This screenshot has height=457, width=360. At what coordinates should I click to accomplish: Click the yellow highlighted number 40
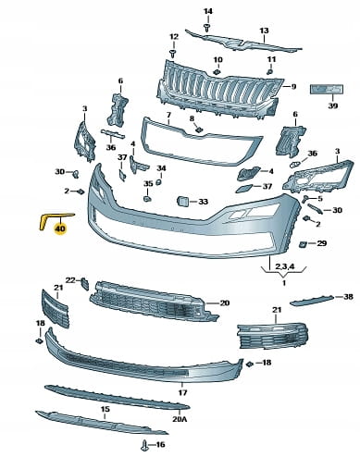tap(60, 228)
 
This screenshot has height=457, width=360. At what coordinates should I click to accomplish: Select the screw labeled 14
tap(207, 27)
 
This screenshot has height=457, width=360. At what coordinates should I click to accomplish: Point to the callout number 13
tap(264, 31)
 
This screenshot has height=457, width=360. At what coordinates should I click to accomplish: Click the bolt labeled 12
tap(173, 53)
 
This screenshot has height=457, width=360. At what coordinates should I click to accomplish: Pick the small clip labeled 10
tap(217, 72)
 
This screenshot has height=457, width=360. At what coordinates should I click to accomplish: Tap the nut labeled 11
tap(269, 72)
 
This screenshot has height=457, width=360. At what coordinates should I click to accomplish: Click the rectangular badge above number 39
tap(327, 89)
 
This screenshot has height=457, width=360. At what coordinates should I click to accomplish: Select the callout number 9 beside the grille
tap(293, 87)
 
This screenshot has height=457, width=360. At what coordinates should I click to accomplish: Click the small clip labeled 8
tap(199, 130)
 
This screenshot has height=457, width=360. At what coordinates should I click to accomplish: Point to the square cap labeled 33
tap(181, 202)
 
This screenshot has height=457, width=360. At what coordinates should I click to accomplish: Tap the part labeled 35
tap(147, 197)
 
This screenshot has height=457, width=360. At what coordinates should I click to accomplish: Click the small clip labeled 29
tap(302, 244)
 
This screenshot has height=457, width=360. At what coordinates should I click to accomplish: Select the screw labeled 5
tap(306, 199)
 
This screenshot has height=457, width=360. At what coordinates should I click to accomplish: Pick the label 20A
tap(180, 419)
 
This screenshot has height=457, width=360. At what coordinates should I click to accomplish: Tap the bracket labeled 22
tap(85, 283)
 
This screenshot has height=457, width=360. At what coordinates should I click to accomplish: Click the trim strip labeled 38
tap(312, 300)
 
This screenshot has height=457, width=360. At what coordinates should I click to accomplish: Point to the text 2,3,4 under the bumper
tap(284, 266)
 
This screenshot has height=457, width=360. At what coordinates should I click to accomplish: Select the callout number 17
tap(182, 392)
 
